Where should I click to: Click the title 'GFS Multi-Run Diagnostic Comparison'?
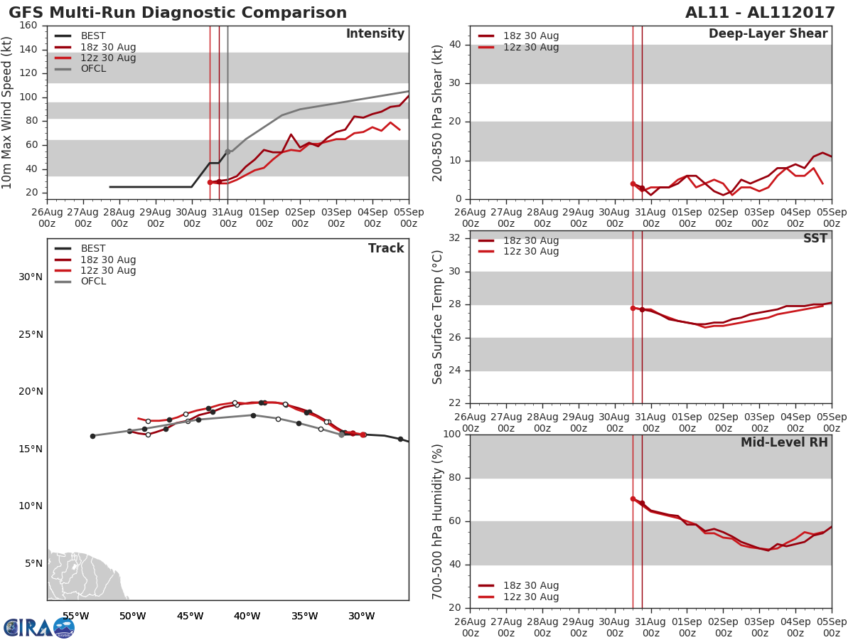(178, 13)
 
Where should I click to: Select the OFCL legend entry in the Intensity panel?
(93, 69)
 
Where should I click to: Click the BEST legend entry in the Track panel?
(93, 249)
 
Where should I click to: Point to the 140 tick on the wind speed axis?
(29, 50)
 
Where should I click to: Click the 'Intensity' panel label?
(375, 34)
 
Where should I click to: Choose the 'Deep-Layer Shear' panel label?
(768, 34)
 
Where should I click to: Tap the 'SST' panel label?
(815, 239)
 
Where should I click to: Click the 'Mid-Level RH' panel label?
(784, 443)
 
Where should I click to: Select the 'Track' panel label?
(386, 249)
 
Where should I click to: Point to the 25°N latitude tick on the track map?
(30, 334)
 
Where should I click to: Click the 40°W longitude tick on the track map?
(247, 616)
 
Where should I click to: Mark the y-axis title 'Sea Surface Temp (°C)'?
(438, 316)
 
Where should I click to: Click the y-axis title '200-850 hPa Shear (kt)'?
(438, 112)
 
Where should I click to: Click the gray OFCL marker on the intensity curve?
(227, 151)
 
